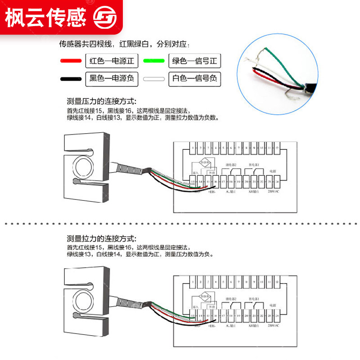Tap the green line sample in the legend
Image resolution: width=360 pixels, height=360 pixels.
point(153,60)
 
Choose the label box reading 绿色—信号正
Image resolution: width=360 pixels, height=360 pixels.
point(195,60)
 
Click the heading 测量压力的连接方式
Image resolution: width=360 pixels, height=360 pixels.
point(101,101)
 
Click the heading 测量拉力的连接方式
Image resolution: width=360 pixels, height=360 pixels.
point(101,238)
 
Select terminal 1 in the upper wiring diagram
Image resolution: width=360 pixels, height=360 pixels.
point(193,148)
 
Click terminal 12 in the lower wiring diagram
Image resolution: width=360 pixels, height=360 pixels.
point(277,282)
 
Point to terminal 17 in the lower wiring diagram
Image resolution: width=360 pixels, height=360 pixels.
point(224,316)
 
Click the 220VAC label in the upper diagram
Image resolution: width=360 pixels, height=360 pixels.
point(273,192)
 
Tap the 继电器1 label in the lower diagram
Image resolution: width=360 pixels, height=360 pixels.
point(254,299)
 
